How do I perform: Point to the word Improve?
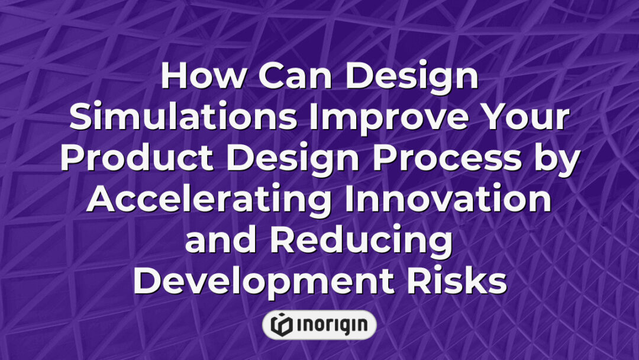click(x=390, y=118)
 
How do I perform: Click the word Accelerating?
click(x=209, y=200)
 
